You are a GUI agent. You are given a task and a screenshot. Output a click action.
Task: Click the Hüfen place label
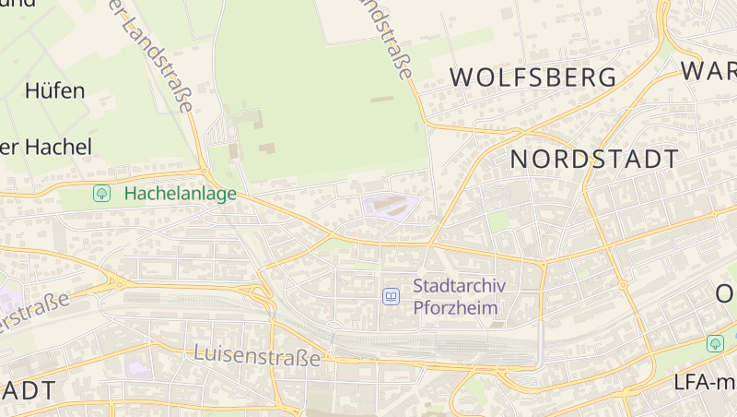coord(55,90)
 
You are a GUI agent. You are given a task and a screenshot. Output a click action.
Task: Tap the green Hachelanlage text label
coord(181,194)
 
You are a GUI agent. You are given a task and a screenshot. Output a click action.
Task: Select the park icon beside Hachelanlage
coord(102,194)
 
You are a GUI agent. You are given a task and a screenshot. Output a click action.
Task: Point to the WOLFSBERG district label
coord(533,77)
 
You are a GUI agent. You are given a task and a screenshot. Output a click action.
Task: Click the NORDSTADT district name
coord(594,159)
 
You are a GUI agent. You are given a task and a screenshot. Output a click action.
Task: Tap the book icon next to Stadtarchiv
coord(392,296)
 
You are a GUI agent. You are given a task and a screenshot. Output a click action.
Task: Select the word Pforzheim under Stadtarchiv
coord(456,307)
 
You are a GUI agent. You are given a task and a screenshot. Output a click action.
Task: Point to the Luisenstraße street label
coord(257,354)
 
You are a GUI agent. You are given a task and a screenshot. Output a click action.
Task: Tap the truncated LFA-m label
coord(704,381)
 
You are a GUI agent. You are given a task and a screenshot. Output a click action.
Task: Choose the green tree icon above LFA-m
coord(715,343)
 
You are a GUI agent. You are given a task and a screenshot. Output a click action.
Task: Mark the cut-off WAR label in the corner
coord(709,70)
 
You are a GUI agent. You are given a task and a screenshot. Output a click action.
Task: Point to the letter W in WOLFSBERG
coord(463,77)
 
